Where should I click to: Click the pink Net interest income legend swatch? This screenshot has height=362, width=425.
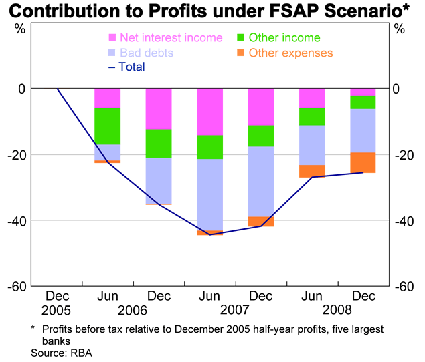pos(112,37)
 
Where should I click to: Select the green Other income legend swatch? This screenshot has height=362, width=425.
pos(242,37)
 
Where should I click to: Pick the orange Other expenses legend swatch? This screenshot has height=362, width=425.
pos(242,52)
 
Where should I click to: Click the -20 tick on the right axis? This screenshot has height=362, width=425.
pos(408,155)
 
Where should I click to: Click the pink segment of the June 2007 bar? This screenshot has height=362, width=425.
pos(209,112)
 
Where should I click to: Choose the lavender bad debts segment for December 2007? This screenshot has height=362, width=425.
pos(261,181)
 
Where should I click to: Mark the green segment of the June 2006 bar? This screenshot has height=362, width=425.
pos(107,126)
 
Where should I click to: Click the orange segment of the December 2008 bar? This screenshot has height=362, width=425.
pos(363,162)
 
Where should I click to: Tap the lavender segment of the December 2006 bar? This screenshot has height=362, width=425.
pos(159,180)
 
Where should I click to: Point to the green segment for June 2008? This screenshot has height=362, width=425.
pos(312,116)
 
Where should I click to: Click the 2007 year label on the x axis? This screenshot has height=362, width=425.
pos(235,311)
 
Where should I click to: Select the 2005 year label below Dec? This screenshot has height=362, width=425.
pos(56,311)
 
